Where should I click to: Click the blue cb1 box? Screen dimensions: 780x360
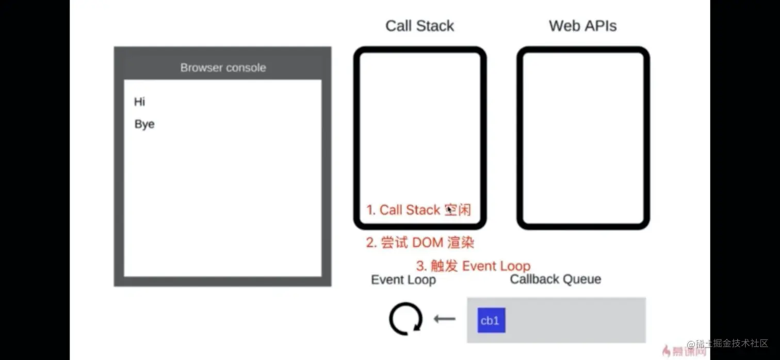pos(491,320)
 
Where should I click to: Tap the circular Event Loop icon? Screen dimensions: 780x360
pos(405,319)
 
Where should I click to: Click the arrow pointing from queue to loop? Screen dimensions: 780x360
pos(444,319)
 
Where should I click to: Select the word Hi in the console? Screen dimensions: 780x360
pos(139,102)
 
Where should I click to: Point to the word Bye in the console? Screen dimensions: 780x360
pos(144,124)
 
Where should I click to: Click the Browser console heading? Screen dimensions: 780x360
pos(223,68)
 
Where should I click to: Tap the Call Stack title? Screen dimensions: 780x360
pos(419,26)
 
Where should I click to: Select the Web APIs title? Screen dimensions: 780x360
pos(582,26)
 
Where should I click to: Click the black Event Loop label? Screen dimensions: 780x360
pos(403,280)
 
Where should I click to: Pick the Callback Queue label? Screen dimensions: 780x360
pos(555,280)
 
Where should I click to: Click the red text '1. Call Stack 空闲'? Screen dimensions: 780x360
pos(418,210)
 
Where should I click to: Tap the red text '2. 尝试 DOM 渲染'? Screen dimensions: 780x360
pos(420,242)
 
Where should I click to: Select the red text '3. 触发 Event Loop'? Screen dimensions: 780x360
pos(473,266)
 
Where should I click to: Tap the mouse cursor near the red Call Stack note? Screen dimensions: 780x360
pos(450,209)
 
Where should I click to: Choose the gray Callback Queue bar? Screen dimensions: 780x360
pos(573,320)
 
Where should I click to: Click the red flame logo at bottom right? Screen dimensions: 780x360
pos(666,351)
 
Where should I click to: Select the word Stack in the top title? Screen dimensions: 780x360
pos(437,26)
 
